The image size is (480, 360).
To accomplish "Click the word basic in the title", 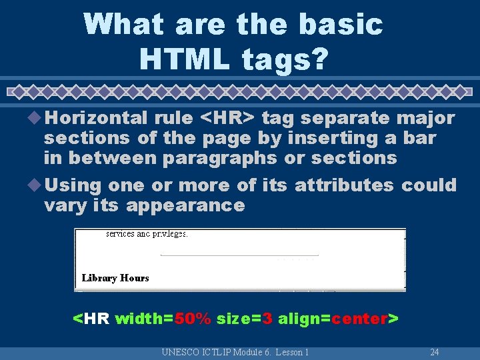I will [341, 25].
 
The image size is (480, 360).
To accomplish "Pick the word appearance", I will [185, 205].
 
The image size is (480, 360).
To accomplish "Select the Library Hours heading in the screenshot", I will [115, 278].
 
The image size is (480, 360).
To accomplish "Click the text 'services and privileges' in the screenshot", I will [147, 234].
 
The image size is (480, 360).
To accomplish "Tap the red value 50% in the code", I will [193, 319].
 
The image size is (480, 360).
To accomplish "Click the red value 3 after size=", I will [267, 319].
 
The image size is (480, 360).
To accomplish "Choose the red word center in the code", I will [360, 319].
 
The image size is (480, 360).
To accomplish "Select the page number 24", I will [434, 352].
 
